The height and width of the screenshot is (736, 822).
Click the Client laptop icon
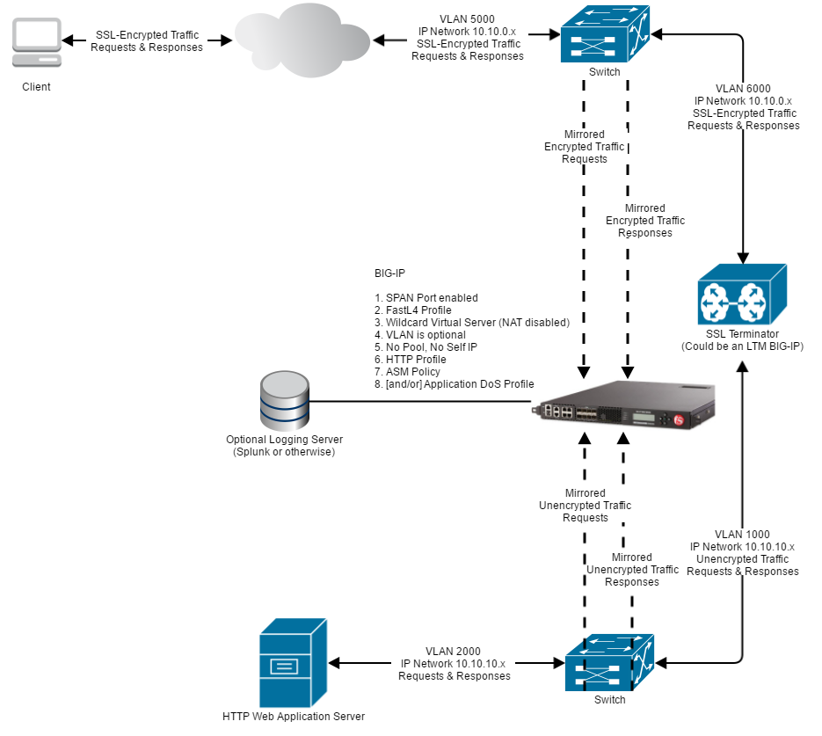(36, 43)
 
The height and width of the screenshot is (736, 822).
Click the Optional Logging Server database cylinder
(284, 401)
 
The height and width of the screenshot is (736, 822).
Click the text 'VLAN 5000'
(468, 19)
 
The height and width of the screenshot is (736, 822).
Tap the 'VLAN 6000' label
(743, 89)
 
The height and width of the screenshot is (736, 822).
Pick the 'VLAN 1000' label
(742, 535)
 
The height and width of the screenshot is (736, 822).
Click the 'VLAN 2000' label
(454, 652)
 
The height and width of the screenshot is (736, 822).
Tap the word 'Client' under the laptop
(36, 87)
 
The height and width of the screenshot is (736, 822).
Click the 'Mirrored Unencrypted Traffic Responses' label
(632, 570)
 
